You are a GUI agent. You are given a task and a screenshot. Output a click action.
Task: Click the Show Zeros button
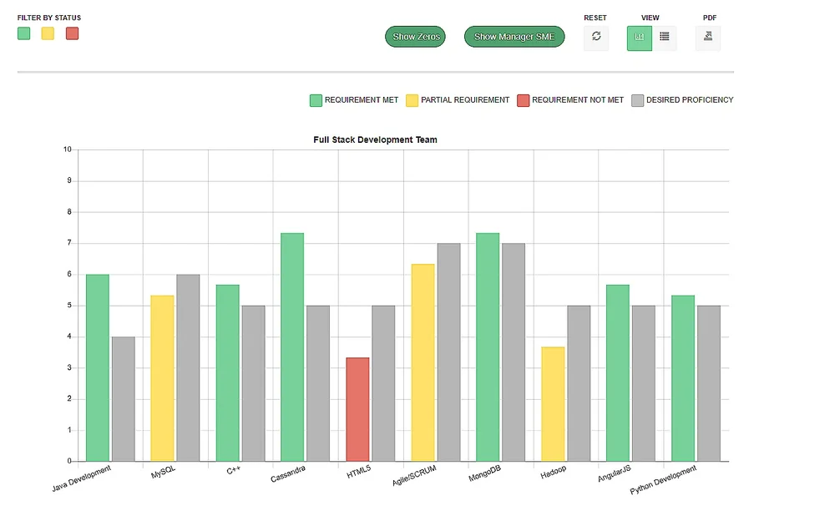tap(416, 37)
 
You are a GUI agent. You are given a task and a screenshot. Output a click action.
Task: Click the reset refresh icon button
tap(596, 37)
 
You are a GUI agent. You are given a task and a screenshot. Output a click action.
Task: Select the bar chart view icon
tap(640, 37)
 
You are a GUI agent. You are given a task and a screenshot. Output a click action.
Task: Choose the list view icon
tap(665, 37)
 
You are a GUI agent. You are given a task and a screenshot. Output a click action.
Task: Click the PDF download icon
tap(708, 37)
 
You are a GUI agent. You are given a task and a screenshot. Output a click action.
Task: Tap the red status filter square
tap(72, 33)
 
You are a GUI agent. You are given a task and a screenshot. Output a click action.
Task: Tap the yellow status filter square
tap(48, 33)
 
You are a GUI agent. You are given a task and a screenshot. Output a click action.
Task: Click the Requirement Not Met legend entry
tap(570, 100)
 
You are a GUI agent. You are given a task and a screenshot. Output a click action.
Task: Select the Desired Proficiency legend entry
tap(682, 100)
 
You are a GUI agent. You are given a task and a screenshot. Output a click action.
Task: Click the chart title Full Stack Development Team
tap(375, 139)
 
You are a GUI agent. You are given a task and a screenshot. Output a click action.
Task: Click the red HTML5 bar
tap(357, 409)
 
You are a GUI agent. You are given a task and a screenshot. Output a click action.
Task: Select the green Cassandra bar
tap(292, 347)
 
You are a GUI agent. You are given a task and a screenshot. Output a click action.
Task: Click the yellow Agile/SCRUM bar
tap(423, 362)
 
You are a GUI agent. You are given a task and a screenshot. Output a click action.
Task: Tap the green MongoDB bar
tap(488, 347)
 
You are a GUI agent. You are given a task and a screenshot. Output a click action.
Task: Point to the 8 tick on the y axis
tap(68, 212)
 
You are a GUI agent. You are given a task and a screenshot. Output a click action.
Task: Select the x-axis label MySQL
tap(163, 473)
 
